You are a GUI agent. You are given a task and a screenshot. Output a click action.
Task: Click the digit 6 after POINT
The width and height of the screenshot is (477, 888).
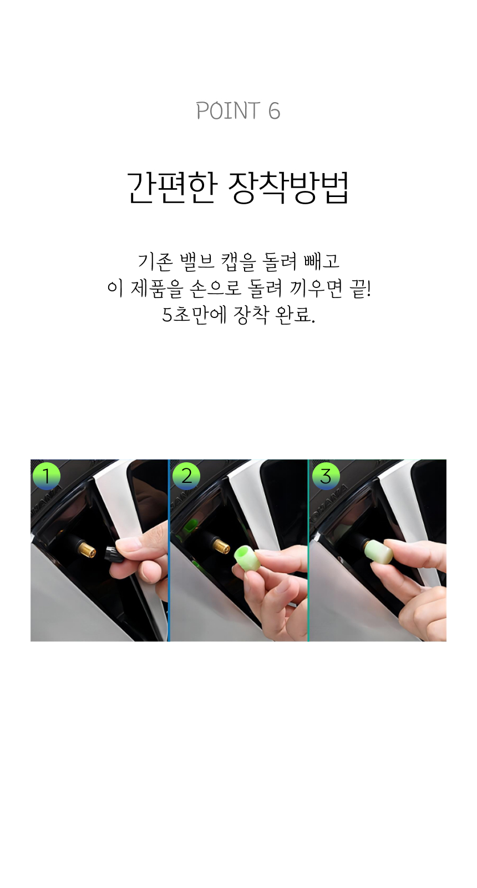(274, 111)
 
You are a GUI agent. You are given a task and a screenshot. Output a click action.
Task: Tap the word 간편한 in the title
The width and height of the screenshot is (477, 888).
(172, 188)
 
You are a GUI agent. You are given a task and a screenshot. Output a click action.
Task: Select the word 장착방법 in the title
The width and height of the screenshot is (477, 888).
(289, 188)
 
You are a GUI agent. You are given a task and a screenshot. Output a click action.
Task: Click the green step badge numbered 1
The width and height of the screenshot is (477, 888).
(47, 475)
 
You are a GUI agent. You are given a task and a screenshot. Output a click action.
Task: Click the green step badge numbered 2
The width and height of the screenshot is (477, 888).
(186, 475)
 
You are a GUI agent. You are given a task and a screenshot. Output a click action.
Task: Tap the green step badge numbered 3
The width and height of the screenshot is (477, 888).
(326, 475)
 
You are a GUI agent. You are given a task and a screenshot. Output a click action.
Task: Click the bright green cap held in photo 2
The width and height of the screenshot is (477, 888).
(247, 557)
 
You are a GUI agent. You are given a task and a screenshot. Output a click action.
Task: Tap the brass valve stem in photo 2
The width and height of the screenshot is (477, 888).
(221, 544)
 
